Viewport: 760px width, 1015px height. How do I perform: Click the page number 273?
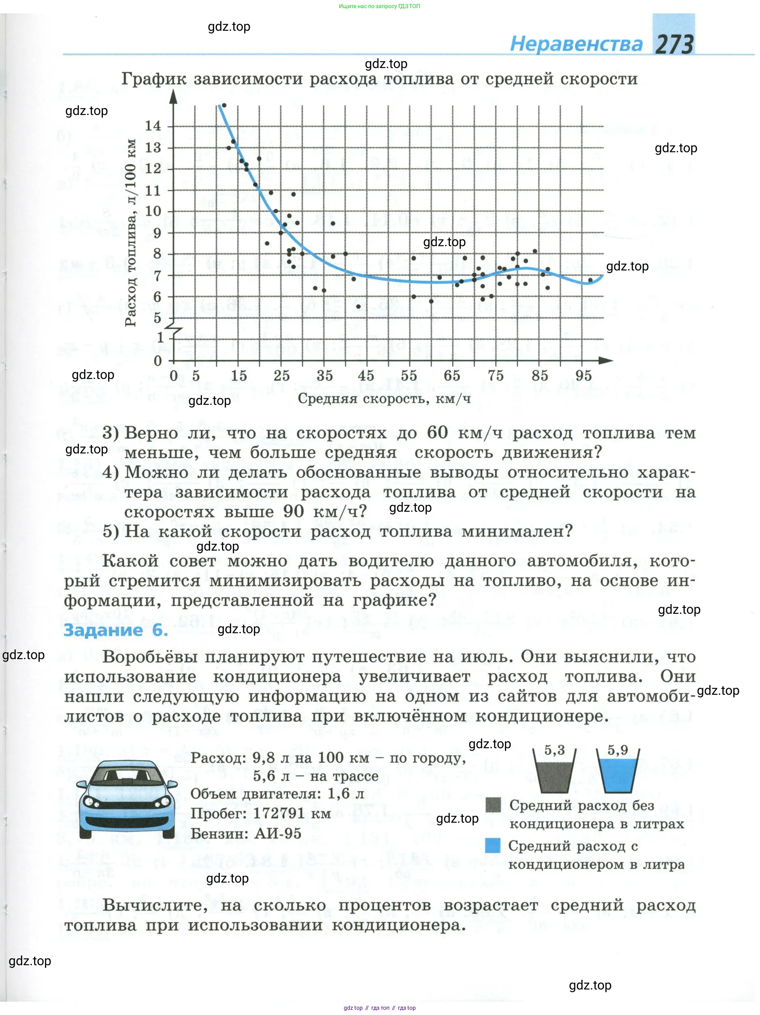673,45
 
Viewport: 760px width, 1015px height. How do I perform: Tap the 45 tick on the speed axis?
366,376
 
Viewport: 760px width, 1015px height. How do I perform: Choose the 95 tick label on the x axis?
583,376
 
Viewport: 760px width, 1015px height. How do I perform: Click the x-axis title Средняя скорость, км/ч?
384,398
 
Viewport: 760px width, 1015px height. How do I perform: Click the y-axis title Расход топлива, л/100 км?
131,233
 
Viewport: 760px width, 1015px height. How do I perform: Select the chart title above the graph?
379,79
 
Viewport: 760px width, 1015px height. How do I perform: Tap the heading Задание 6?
116,630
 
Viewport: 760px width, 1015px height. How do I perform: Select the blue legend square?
493,845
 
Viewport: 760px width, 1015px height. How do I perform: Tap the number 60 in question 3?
437,432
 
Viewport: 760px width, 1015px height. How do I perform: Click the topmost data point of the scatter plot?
224,105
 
